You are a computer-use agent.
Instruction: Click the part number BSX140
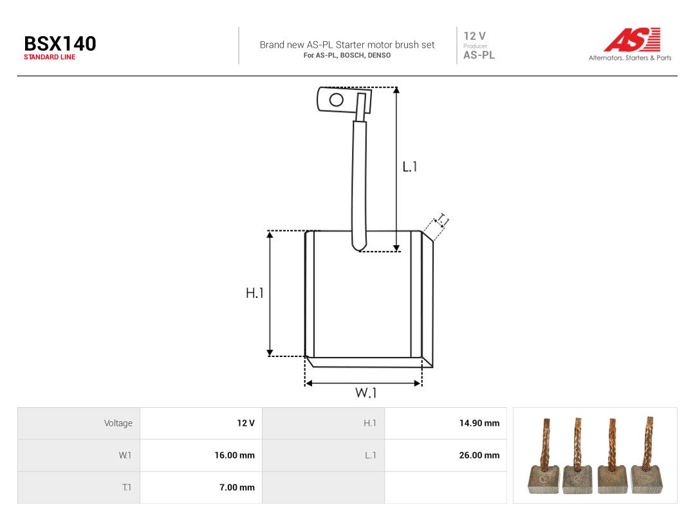point(60,44)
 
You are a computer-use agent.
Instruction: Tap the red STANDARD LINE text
point(50,57)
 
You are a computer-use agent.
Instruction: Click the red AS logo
point(633,40)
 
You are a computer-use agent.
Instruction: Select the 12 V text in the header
point(475,36)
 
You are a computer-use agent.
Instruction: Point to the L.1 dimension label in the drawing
point(409,167)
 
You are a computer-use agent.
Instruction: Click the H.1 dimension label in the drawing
point(255,293)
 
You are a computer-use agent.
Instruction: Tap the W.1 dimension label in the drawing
point(366,392)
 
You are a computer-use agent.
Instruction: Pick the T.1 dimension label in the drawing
point(442,220)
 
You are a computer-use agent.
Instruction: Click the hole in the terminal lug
point(337,100)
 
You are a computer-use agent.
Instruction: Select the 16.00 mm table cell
point(234,455)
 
